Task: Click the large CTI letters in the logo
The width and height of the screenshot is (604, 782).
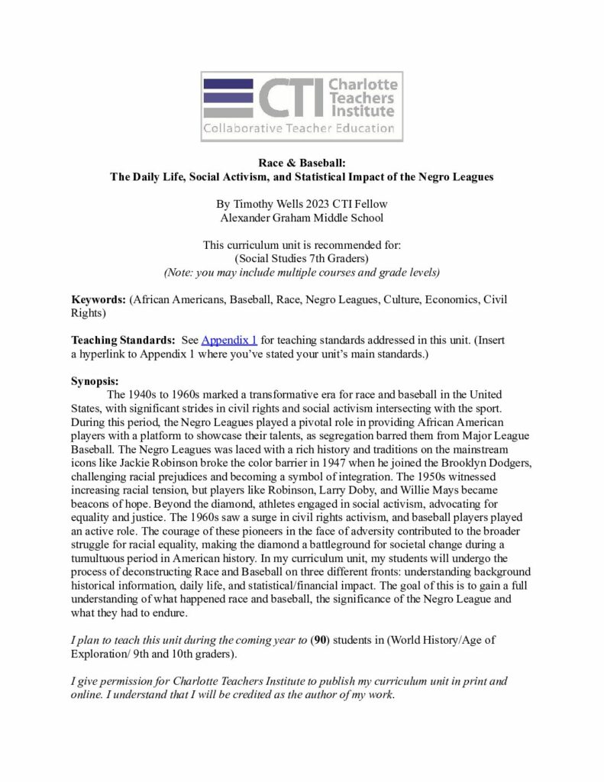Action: (289, 98)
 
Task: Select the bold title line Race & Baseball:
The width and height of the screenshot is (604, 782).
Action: (302, 163)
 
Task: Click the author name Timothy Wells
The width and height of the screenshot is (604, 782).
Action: (268, 204)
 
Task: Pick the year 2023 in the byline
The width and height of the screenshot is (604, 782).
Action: (321, 204)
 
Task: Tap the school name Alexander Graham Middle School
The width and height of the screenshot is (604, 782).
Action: (302, 217)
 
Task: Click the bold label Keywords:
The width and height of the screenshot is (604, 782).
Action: (99, 299)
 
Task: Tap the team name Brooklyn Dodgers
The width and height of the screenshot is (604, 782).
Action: (480, 463)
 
